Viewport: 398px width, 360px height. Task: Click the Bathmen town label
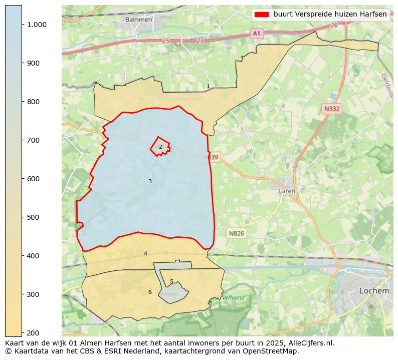pos(138,20)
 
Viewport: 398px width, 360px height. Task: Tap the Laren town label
pos(287,191)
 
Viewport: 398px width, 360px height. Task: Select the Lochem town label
pos(374,290)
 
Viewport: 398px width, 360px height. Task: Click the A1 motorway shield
pos(257,33)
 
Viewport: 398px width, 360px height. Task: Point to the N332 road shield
pos(332,109)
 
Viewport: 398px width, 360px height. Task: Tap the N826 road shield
pos(237,233)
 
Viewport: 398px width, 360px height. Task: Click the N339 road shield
pos(212,157)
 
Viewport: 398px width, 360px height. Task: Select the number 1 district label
pos(208,87)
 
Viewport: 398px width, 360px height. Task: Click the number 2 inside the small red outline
pos(160,147)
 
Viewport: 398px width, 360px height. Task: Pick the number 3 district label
pos(150,181)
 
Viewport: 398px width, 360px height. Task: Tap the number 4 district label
pos(145,254)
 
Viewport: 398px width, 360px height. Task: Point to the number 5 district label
pos(171,282)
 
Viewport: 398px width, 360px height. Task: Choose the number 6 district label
pos(150,292)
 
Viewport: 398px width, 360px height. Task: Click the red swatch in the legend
pos(262,15)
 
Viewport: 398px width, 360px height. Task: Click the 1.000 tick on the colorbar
pos(36,25)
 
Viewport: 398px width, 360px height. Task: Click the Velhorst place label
pos(233,298)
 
